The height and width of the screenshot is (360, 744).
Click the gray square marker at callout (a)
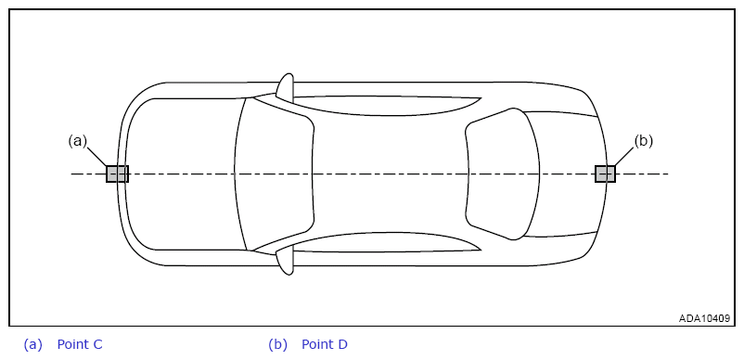pyautogui.click(x=117, y=174)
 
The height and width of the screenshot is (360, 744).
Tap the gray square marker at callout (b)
pyautogui.click(x=606, y=174)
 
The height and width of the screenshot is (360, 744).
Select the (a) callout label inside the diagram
pyautogui.click(x=78, y=141)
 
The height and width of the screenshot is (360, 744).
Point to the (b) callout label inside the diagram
pyautogui.click(x=644, y=141)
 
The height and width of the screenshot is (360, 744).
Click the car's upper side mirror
pyautogui.click(x=286, y=87)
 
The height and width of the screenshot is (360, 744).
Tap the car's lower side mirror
pyautogui.click(x=286, y=261)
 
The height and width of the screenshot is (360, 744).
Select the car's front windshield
pyautogui.click(x=275, y=174)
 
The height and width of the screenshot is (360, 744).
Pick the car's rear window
pyautogui.click(x=503, y=174)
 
